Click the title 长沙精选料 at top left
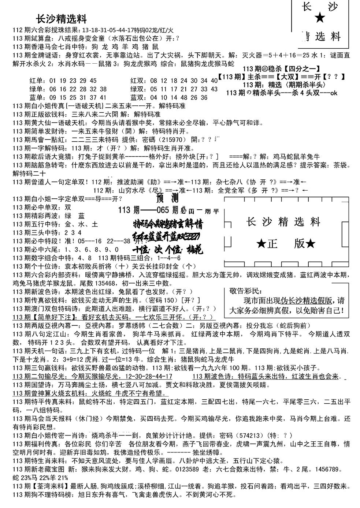[62, 19]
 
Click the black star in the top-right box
[320, 17]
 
